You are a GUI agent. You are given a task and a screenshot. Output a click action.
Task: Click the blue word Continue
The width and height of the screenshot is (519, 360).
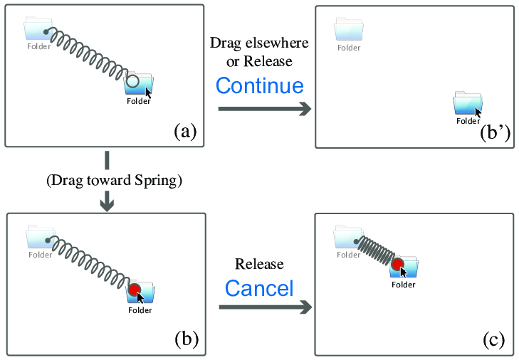pyautogui.click(x=259, y=86)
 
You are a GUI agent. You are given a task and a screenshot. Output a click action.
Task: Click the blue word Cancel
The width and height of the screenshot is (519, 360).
pyautogui.click(x=259, y=288)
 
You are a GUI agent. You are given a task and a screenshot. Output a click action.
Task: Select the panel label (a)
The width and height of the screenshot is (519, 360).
pyautogui.click(x=185, y=131)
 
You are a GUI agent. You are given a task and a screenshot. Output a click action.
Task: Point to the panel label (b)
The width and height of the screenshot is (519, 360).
pyautogui.click(x=186, y=339)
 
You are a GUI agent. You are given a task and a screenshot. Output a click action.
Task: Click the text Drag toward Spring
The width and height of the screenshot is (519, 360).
pyautogui.click(x=115, y=181)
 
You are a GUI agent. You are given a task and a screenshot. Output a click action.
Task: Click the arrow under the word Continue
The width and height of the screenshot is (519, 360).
pyautogui.click(x=264, y=109)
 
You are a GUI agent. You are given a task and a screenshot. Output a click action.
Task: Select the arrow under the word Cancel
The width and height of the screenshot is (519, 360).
pyautogui.click(x=264, y=307)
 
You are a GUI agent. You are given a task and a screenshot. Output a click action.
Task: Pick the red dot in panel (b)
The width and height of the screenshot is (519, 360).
pyautogui.click(x=135, y=290)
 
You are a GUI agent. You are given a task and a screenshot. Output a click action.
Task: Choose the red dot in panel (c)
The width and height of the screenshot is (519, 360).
pyautogui.click(x=398, y=266)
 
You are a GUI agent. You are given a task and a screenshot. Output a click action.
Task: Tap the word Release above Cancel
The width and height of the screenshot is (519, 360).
pyautogui.click(x=259, y=265)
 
